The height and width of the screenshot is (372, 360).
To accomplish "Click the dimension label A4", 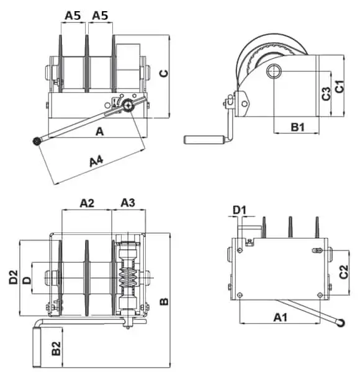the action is (x=96, y=161).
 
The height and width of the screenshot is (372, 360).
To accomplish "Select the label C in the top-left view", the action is (x=164, y=73).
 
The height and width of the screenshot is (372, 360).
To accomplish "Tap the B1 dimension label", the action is (x=298, y=127).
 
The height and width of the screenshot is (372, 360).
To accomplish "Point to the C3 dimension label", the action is (x=326, y=94).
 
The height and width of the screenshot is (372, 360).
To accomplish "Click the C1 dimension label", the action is (x=340, y=86).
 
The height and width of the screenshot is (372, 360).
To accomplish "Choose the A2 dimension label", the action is (x=87, y=203).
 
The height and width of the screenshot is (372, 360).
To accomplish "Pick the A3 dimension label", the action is (x=128, y=203).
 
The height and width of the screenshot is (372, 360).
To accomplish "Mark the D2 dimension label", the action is (x=14, y=277).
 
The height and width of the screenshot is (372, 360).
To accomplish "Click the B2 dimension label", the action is (x=56, y=348).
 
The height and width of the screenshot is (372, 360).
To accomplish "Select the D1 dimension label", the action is (x=240, y=210).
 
